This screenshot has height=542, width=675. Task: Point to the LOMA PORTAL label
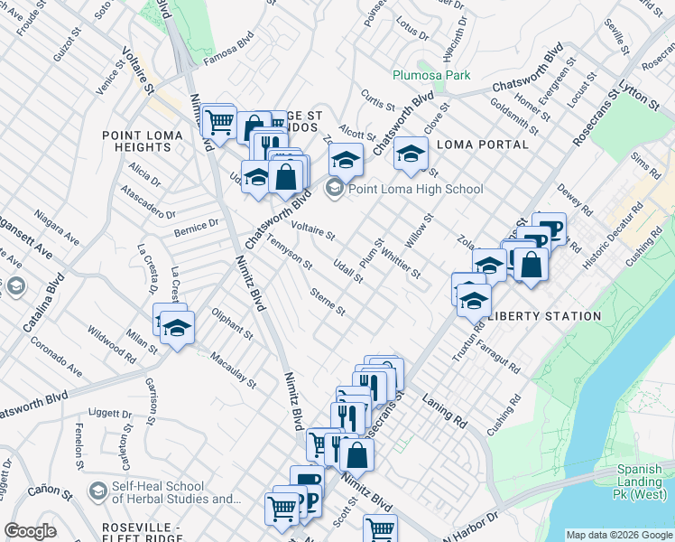coord(482,145)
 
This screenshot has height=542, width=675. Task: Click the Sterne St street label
coord(327,302)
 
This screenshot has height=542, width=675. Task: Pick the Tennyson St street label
coord(291,253)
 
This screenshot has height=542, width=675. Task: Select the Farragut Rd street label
coord(499,358)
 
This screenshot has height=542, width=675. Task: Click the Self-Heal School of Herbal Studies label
coord(171,493)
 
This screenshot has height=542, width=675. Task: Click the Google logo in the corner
coord(30,531)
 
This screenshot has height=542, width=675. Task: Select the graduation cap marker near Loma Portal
coord(411,154)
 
